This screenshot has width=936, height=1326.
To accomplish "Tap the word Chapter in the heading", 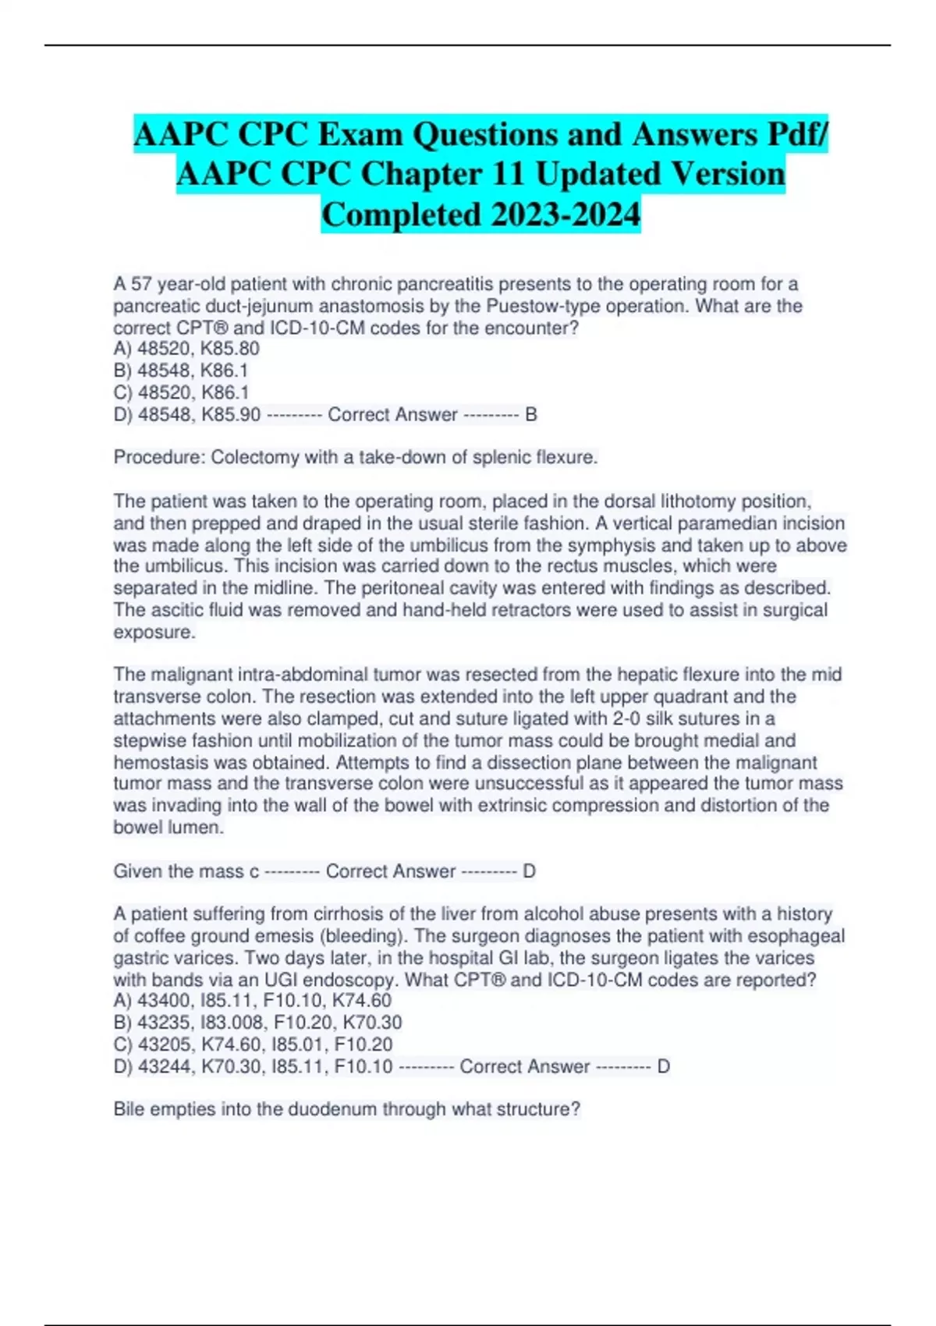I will [420, 174].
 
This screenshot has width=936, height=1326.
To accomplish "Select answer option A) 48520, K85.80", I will [186, 349].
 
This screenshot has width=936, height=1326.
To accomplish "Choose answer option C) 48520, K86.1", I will [181, 392].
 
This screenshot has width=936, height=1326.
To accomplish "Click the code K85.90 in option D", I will [231, 414].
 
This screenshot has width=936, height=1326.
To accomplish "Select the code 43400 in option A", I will [163, 1000].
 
